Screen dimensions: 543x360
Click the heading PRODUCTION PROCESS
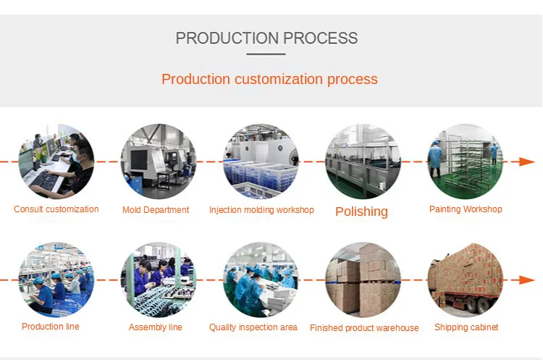coord(266,38)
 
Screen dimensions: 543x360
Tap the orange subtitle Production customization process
coord(269,80)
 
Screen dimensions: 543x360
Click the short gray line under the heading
coord(266,54)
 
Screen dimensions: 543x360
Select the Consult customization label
coord(56,209)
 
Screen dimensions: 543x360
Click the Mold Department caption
coord(156,210)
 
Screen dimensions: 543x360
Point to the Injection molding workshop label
coord(261,210)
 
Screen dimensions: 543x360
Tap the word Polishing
coord(361,212)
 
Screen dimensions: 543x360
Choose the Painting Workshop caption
coord(466,209)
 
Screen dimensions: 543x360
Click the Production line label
coord(51,327)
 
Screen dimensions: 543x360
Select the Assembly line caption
coord(156,327)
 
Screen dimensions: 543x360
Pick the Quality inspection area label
coord(253,327)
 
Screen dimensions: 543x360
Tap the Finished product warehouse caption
coord(364,328)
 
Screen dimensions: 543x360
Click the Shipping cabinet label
coord(466,327)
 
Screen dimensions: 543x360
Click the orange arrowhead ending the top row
coord(527,162)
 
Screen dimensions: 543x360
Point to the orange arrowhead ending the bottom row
coord(527,280)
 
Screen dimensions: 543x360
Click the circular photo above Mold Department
coord(159,162)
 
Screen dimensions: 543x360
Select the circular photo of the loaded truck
coord(466,280)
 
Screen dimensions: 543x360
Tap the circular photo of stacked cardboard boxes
coord(363,280)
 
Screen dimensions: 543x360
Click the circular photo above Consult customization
coord(56,162)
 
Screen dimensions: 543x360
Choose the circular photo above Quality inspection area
coord(261,280)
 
